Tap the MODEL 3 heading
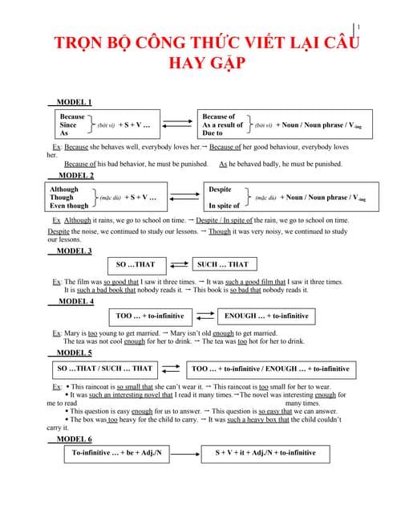[74, 251]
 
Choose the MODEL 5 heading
[74, 353]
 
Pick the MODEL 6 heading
[74, 439]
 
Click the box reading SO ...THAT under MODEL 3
[136, 265]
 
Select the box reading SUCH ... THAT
[222, 265]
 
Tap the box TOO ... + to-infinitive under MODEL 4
[150, 316]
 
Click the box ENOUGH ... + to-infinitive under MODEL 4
[266, 316]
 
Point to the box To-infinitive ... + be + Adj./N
[116, 453]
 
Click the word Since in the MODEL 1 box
[68, 125]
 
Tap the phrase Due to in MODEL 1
[213, 133]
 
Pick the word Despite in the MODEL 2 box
[220, 190]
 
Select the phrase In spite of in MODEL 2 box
[224, 206]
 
